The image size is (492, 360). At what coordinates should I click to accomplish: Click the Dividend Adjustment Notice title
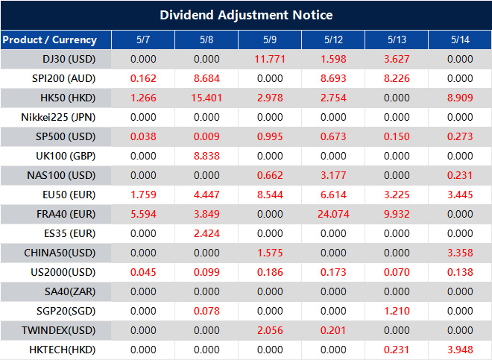coord(246,15)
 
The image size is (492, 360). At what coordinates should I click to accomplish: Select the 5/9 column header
coord(270,40)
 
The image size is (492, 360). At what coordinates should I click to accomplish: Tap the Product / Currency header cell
coord(50,40)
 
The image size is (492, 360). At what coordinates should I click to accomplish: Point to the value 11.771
coord(270,59)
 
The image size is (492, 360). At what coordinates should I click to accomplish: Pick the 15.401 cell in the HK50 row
coord(206,98)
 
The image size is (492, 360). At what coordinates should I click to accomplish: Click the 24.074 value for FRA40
coord(333,214)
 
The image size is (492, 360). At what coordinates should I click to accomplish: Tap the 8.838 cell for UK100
coord(206,156)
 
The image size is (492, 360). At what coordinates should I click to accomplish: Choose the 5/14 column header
coord(460,40)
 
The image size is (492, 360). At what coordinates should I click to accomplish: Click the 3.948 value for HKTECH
coord(460,350)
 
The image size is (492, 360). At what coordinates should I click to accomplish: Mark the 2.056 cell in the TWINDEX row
coord(270,330)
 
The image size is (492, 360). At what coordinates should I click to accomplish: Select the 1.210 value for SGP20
coord(397,311)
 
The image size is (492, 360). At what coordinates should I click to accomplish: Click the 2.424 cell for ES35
coord(206,233)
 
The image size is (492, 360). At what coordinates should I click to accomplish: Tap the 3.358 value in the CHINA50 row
coord(460,253)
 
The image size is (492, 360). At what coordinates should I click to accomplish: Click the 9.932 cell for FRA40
coord(397,214)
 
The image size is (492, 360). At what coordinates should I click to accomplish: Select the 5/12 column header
coord(333,40)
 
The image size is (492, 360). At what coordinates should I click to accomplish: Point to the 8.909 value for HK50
coord(460,98)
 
